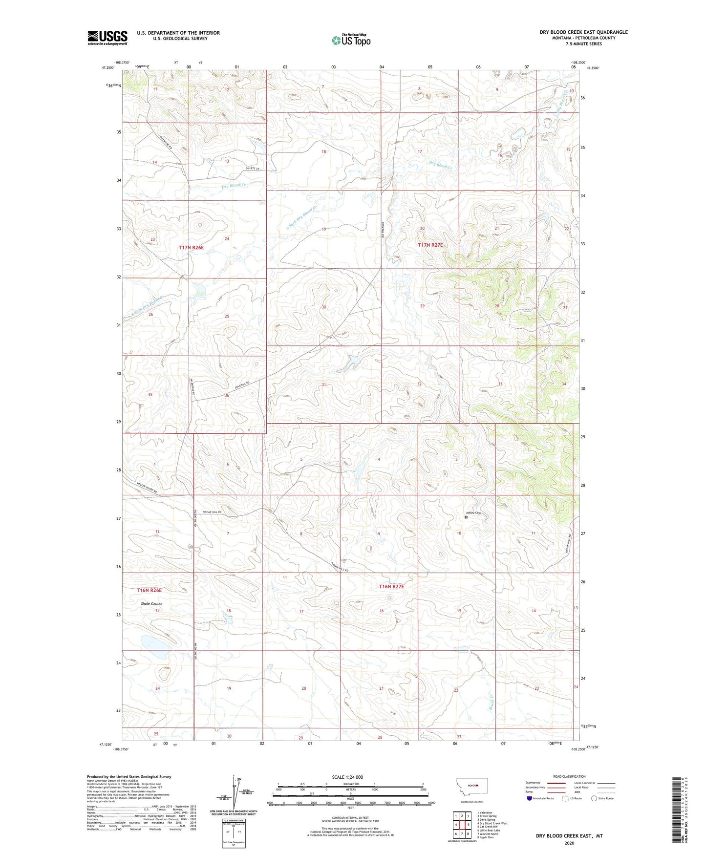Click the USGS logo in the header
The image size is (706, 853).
coord(107,38)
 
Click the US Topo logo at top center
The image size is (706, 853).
coord(351,40)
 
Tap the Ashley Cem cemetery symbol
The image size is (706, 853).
coord(466,516)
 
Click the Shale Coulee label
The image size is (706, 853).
coord(151,604)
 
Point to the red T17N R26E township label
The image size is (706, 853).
coord(191,248)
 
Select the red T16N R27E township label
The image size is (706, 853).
coord(391,586)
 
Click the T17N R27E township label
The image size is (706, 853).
coord(430,245)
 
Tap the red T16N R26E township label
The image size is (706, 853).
coord(149,590)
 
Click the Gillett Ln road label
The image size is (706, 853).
coord(252,169)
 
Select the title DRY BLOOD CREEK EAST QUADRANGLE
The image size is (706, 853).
coord(583,32)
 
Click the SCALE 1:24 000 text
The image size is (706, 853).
coord(350,777)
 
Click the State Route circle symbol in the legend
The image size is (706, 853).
coord(594,798)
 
